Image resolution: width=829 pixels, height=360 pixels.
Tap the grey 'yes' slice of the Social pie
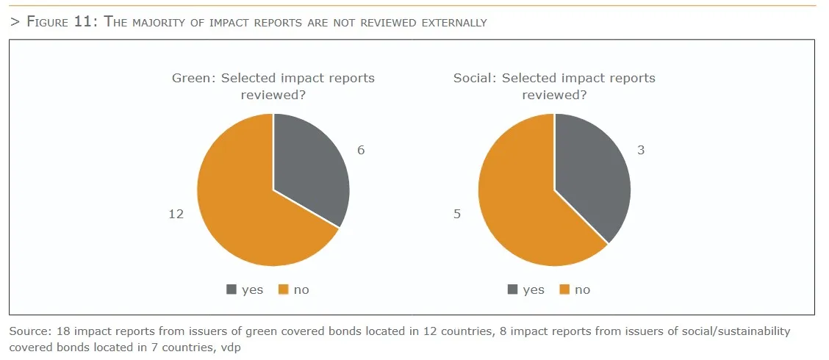pos(592,173)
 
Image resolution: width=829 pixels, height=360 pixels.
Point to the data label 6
pos(361,150)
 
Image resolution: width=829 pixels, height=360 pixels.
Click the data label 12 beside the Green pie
pos(176,214)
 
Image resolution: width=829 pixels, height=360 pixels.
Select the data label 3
pos(641,150)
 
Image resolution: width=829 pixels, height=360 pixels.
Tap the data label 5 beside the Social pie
pos(457,214)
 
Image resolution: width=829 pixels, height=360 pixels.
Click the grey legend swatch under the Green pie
pos(232,289)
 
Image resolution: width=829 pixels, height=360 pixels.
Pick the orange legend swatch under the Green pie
pos(284,289)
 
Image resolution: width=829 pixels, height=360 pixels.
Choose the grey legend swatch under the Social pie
pos(513,289)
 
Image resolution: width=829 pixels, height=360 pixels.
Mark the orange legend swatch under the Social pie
pos(564,289)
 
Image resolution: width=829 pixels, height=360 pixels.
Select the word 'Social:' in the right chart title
pos(475,78)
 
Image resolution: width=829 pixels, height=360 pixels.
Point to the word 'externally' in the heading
pos(454,22)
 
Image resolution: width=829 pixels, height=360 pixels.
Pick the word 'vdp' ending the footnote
pos(231,347)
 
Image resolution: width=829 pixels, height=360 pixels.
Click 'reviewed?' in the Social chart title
pos(554,95)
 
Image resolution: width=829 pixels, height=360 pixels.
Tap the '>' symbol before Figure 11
pos(14,22)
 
